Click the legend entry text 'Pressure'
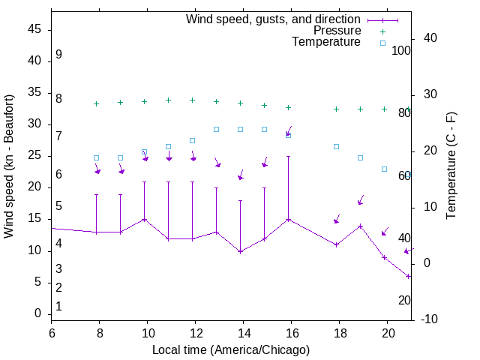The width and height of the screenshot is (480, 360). [x=337, y=31]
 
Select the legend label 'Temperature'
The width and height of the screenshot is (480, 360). [x=326, y=42]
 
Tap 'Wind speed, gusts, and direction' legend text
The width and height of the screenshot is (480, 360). [x=273, y=19]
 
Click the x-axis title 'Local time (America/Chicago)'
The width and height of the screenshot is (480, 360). [x=231, y=349]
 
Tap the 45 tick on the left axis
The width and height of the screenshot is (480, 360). [x=34, y=30]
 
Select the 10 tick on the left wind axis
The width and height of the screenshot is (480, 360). [x=34, y=250]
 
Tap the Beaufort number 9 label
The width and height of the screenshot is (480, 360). [x=58, y=55]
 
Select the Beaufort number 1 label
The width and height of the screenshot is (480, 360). [x=58, y=306]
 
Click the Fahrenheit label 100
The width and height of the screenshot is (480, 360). [x=402, y=51]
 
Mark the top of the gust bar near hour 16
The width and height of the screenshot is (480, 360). [x=288, y=157]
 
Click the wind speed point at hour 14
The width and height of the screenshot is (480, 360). [x=240, y=251]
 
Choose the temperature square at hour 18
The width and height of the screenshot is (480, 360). [x=336, y=146]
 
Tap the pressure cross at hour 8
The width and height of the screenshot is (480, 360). [x=96, y=103]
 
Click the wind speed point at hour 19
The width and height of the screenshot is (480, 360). [x=360, y=226]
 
